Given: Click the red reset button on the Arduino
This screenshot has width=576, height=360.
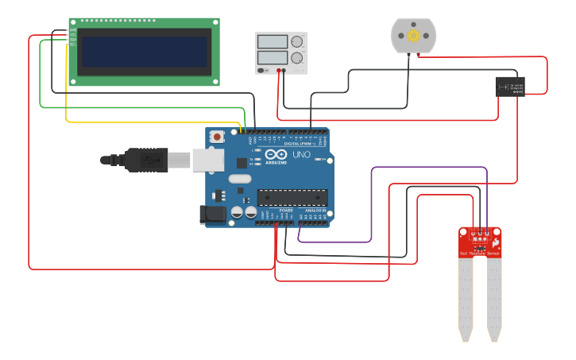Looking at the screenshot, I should [x=216, y=137].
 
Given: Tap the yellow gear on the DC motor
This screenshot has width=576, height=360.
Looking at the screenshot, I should [x=413, y=36].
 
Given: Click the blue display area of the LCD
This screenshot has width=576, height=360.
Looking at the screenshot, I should [x=145, y=52].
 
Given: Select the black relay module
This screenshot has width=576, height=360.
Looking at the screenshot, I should [x=510, y=87].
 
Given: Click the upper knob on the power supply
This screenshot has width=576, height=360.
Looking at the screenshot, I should [x=297, y=42].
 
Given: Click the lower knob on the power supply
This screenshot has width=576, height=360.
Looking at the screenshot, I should [x=297, y=58].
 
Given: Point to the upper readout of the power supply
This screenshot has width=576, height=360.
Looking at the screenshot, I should [x=272, y=41].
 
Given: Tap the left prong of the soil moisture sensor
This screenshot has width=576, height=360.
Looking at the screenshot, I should [x=466, y=298].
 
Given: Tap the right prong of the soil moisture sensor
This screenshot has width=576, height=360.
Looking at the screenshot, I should [x=494, y=298].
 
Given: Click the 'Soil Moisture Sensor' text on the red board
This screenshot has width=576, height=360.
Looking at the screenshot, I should [x=479, y=254].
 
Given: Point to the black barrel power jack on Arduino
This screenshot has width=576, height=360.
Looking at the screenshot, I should [x=214, y=213].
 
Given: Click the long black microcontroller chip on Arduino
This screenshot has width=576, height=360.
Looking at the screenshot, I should [x=292, y=197].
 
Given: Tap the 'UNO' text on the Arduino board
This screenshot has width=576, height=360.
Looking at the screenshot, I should [x=301, y=155].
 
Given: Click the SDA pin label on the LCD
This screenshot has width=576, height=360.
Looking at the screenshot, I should [x=73, y=39].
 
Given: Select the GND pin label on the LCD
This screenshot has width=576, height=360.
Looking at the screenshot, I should [x=73, y=29].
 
